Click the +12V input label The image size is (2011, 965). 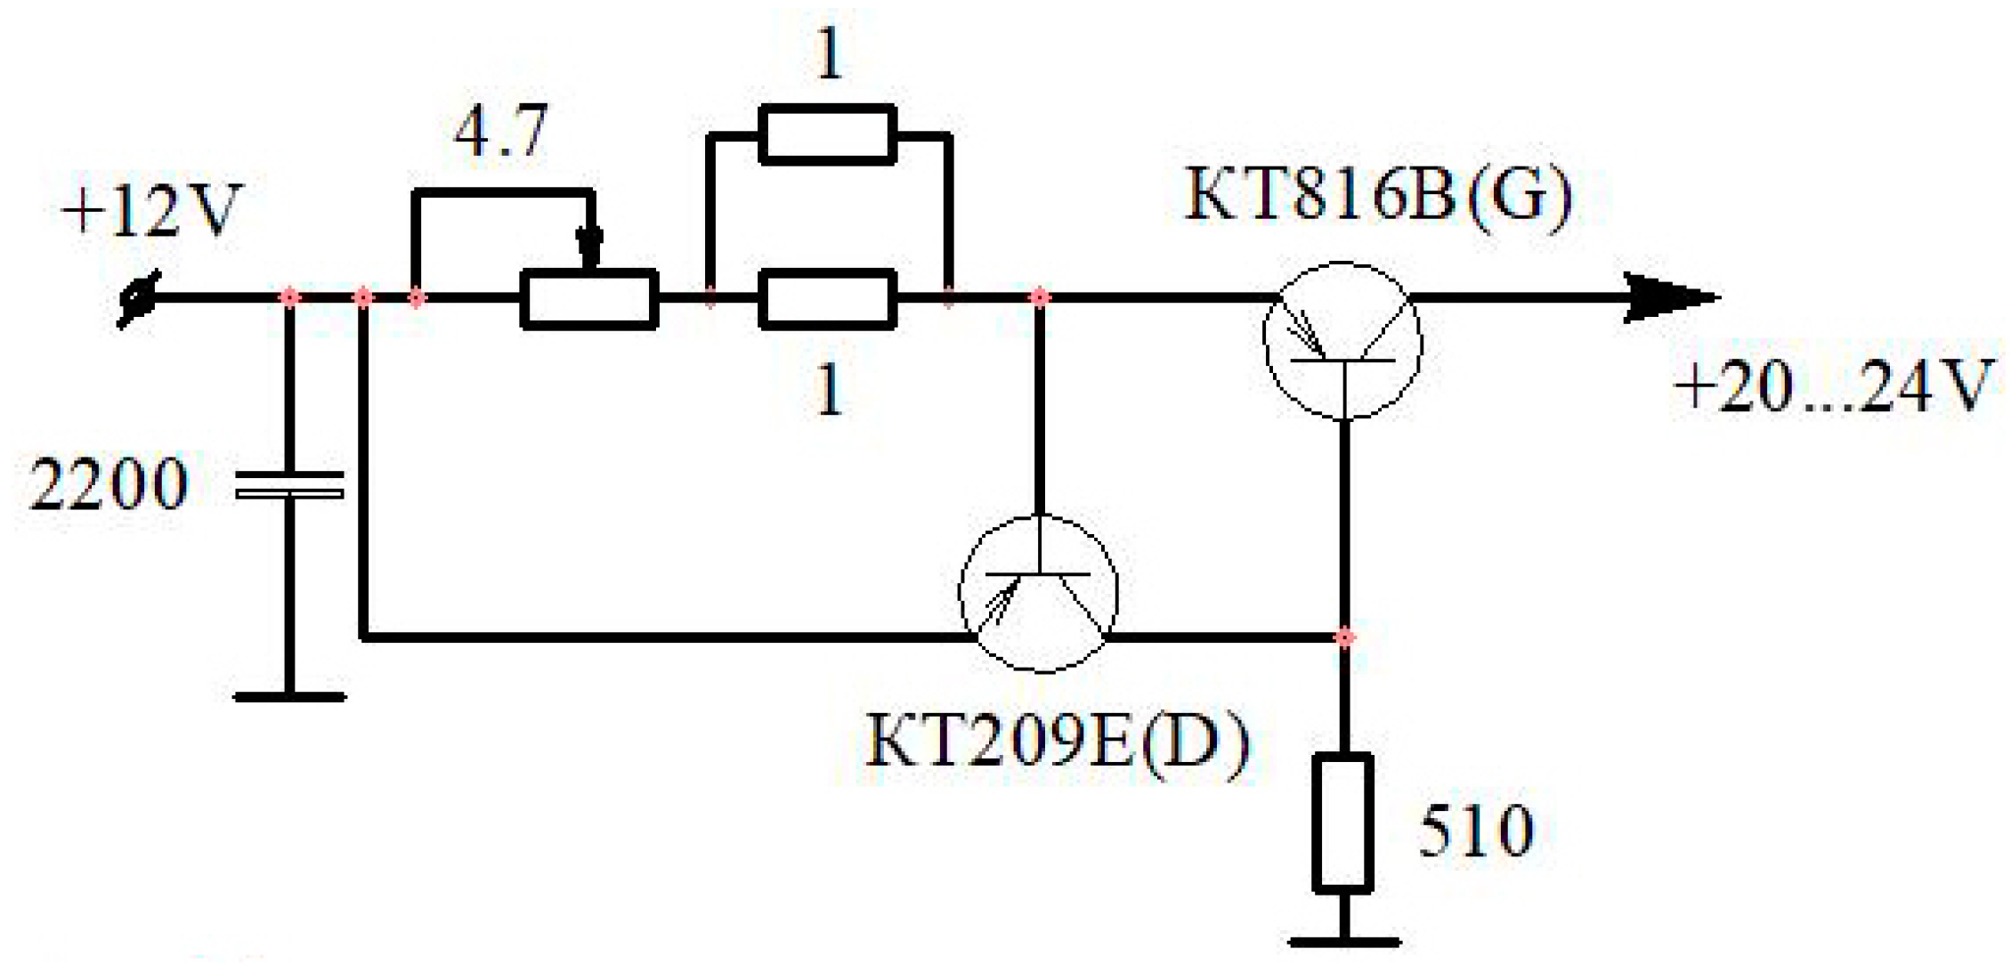coord(151,212)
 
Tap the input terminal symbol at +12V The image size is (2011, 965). coord(139,298)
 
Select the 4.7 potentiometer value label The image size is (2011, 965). coord(500,132)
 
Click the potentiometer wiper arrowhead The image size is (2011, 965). coord(589,244)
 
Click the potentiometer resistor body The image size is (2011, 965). coord(589,299)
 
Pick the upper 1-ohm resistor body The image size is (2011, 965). coord(827,134)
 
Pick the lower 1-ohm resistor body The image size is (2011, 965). coord(827,299)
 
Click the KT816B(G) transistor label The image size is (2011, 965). coord(1378,196)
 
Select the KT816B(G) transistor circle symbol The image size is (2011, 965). coord(1342,341)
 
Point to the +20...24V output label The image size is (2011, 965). coord(1832,387)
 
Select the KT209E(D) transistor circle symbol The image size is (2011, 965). coord(1038,593)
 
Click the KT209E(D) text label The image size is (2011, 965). coord(1058,742)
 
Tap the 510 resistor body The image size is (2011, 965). coord(1342,823)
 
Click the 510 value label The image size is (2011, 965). coord(1476,831)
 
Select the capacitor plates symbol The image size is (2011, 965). coord(289,485)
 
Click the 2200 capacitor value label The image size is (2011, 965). coord(109,485)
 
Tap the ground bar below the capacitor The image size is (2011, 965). coord(289,697)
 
